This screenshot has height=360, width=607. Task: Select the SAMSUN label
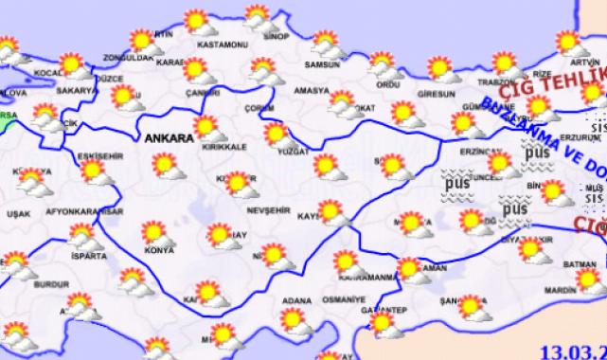(321, 67)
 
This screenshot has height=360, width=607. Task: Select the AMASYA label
(311, 92)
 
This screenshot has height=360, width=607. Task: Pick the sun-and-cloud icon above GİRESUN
(440, 68)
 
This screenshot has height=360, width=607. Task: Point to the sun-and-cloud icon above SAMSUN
(327, 44)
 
